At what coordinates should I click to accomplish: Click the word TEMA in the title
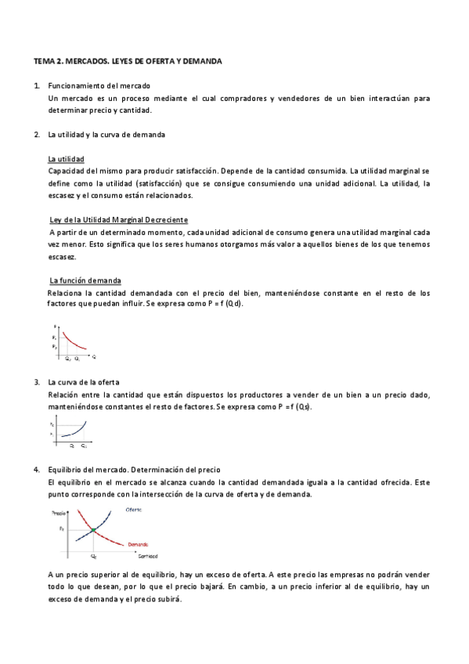(44, 60)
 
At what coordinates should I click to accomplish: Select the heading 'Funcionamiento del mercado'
(99, 85)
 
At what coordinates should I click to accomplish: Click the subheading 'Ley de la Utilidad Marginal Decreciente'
(118, 219)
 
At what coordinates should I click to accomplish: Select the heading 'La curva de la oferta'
(83, 381)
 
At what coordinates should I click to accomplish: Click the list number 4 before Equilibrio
(36, 469)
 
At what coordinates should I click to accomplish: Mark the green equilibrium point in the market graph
(93, 530)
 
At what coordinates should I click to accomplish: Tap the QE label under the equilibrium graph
(93, 557)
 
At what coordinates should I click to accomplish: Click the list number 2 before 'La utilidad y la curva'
(36, 134)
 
